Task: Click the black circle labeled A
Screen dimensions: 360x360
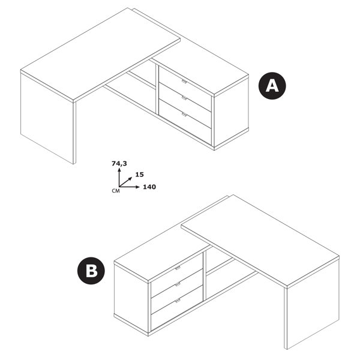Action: [272, 86]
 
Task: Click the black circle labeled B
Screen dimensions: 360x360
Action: [91, 271]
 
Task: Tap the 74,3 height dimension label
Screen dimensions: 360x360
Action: [119, 163]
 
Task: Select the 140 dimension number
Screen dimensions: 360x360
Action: [149, 187]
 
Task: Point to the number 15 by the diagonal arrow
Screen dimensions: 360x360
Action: [139, 175]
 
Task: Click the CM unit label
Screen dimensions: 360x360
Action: [116, 191]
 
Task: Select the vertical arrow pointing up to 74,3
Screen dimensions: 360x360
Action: [119, 177]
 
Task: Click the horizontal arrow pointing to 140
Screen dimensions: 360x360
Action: [129, 187]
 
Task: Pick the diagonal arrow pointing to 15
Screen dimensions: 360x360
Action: [125, 182]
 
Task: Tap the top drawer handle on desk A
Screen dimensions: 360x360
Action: [184, 82]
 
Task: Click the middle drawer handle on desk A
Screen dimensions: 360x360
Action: [184, 98]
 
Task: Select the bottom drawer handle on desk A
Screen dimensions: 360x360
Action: [184, 115]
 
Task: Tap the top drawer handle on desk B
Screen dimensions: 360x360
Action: [178, 268]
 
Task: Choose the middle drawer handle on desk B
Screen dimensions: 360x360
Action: [178, 284]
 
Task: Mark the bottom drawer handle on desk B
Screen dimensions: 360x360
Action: [178, 301]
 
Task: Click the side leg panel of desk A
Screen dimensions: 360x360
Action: [47, 118]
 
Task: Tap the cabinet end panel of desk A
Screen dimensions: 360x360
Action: [231, 113]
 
